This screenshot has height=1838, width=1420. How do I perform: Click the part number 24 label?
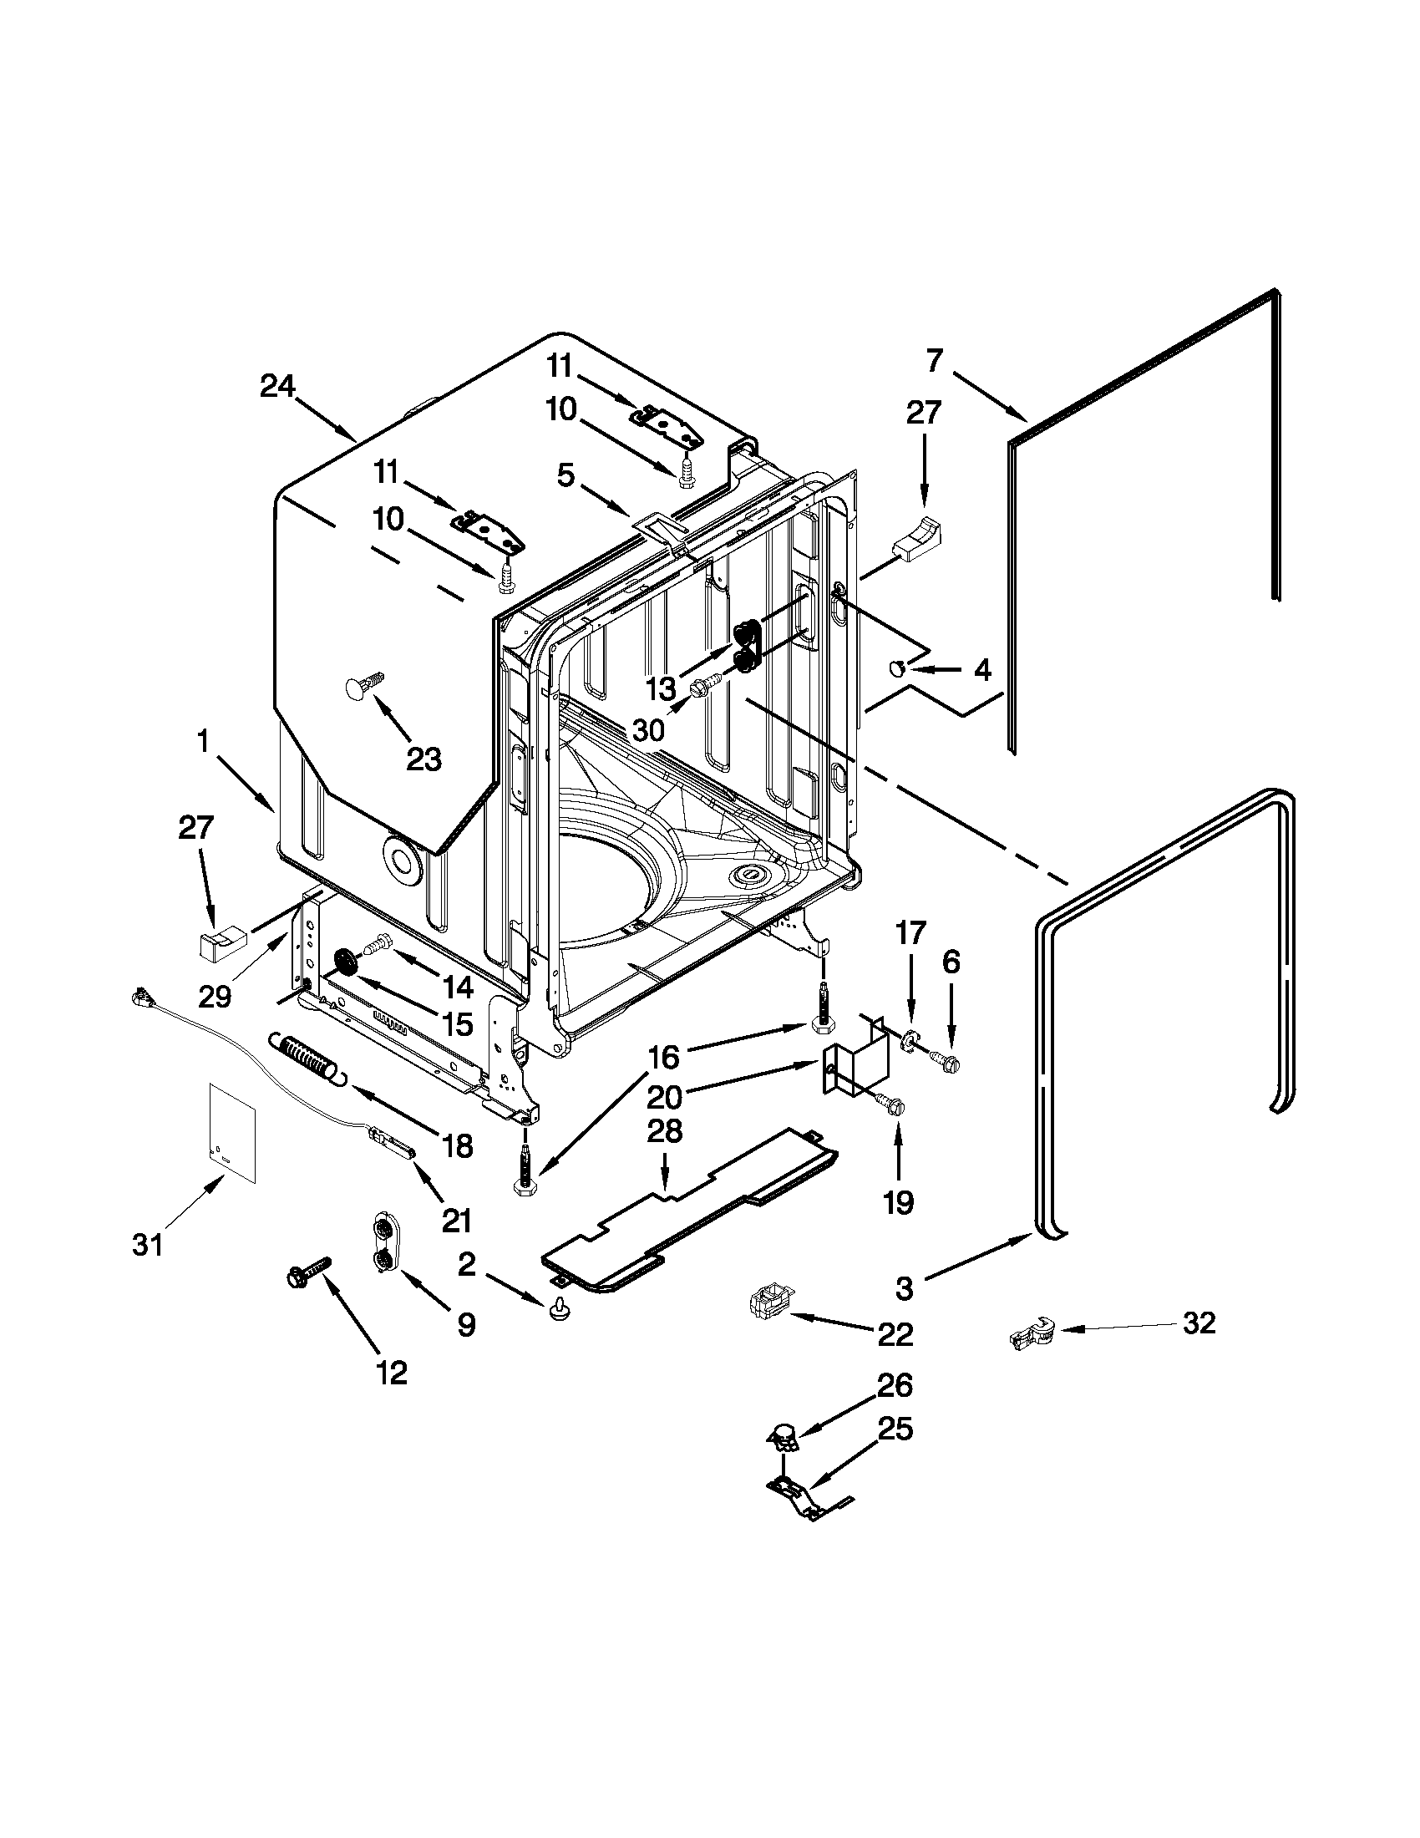click(276, 386)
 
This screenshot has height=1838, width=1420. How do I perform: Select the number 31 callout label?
click(148, 1245)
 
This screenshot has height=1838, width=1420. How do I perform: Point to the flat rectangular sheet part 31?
click(231, 1133)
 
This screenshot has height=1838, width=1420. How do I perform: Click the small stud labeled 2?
click(556, 1310)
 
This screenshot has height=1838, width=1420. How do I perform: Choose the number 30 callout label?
click(647, 729)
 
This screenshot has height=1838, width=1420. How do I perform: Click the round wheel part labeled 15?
click(346, 962)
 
